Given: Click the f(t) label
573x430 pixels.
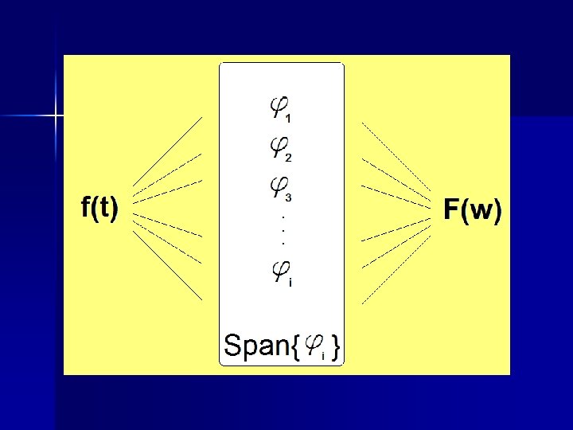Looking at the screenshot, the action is click(x=100, y=209).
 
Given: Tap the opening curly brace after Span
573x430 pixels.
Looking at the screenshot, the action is click(x=295, y=347).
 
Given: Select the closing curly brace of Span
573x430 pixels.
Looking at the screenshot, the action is click(x=337, y=347).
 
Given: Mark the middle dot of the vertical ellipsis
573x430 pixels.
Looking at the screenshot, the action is click(x=284, y=229).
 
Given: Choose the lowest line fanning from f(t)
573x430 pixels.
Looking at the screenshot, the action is click(x=167, y=267).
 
